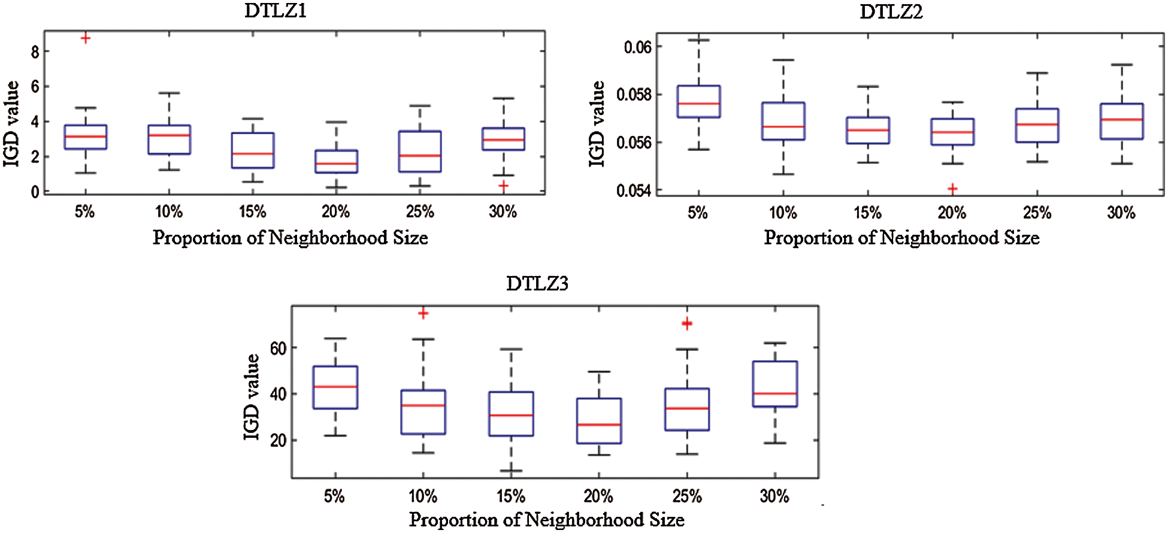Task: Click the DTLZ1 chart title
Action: pyautogui.click(x=276, y=11)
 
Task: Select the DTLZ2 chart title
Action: pyautogui.click(x=891, y=11)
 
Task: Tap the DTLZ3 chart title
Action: pyautogui.click(x=537, y=283)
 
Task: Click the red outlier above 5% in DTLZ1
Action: pyautogui.click(x=86, y=38)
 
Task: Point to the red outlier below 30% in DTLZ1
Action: pyautogui.click(x=503, y=186)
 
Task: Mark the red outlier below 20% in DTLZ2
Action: pyautogui.click(x=952, y=189)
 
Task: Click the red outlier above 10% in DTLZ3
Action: pyautogui.click(x=423, y=313)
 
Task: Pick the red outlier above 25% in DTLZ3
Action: pyautogui.click(x=687, y=323)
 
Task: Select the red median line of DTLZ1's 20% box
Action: pyautogui.click(x=336, y=163)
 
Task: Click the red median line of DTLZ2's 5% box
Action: pyautogui.click(x=698, y=104)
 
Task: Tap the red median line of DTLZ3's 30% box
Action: pyautogui.click(x=774, y=393)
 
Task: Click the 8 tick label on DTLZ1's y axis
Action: pyautogui.click(x=35, y=52)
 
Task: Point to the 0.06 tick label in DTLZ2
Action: pyautogui.click(x=637, y=47)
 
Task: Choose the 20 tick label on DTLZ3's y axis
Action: pyautogui.click(x=278, y=440)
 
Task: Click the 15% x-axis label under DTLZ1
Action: pyautogui.click(x=252, y=211)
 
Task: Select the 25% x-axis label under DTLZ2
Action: pyautogui.click(x=1037, y=213)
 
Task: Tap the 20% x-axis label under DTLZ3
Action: pyautogui.click(x=598, y=496)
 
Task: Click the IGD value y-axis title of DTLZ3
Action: pyautogui.click(x=252, y=396)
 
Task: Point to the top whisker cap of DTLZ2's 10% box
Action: pyautogui.click(x=783, y=60)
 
